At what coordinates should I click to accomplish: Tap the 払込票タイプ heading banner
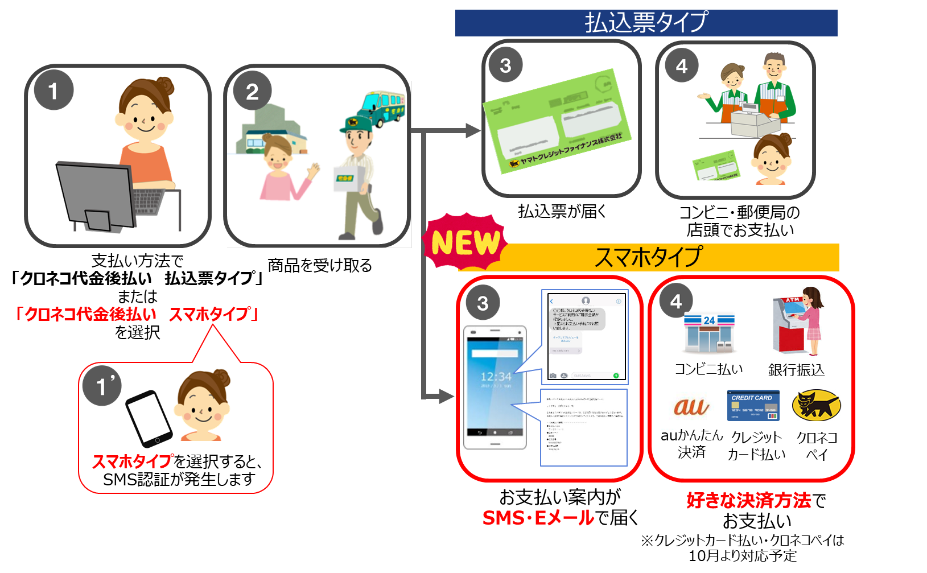[646, 23]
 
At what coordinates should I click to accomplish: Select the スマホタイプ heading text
[648, 257]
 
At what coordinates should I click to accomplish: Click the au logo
[691, 406]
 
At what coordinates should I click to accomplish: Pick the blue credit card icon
[753, 405]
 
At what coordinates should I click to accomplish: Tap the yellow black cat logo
[819, 405]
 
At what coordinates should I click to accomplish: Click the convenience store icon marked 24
[709, 333]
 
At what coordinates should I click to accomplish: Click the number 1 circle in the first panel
[53, 90]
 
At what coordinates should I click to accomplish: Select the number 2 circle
[252, 91]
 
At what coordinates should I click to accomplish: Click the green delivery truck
[382, 107]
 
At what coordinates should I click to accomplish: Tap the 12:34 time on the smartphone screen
[496, 377]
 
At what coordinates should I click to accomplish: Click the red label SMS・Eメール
[538, 518]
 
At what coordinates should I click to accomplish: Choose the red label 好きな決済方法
[748, 500]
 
